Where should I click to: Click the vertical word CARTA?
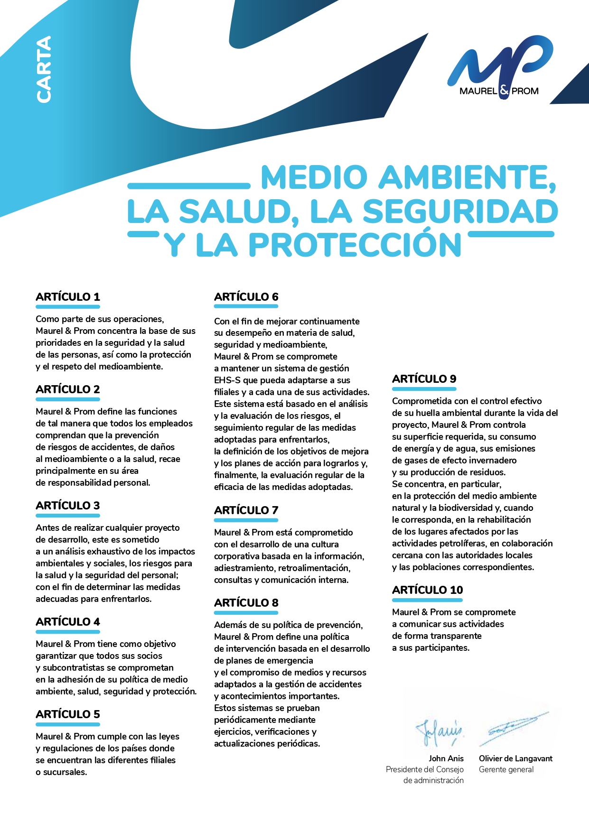tap(44, 69)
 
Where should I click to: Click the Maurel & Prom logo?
tap(499, 67)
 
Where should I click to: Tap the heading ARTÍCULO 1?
tap(68, 297)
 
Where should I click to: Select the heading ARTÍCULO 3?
tap(68, 506)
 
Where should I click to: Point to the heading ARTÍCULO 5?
tap(68, 714)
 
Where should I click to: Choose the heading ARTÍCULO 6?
tap(246, 297)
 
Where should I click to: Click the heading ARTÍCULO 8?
tap(246, 603)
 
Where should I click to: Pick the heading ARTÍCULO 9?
tap(424, 379)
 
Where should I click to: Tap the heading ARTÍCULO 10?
tap(428, 590)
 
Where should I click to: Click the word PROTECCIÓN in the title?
tap(355, 245)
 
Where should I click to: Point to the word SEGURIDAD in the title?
tap(460, 212)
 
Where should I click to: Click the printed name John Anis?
tap(446, 758)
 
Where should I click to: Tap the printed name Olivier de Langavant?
tap(515, 758)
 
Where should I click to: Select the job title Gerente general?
tap(506, 769)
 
